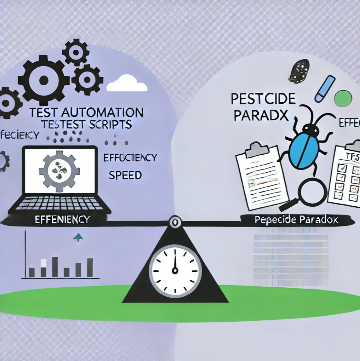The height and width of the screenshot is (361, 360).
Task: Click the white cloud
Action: point(127,84)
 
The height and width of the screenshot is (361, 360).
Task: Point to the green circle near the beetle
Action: point(343,98)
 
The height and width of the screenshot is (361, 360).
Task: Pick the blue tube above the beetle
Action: point(325,88)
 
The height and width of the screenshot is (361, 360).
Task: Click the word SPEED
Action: point(126,175)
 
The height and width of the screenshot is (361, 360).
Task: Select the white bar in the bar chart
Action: point(44,263)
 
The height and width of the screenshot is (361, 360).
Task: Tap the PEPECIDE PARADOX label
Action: point(296,220)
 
